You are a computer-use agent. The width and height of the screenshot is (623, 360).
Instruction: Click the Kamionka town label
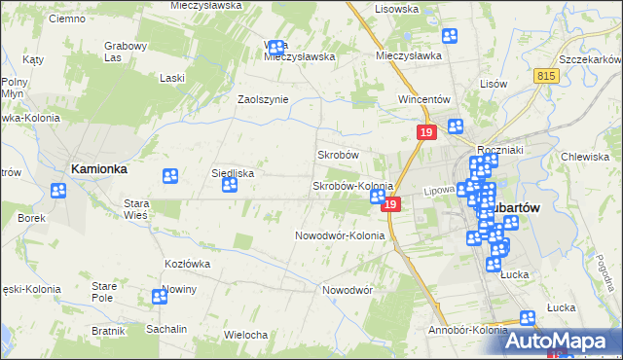click(98, 168)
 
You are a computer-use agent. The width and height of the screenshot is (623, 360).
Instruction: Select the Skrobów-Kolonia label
click(351, 186)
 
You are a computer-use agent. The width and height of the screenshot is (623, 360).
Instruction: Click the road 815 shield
click(546, 74)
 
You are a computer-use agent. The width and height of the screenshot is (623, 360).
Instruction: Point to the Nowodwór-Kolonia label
click(340, 235)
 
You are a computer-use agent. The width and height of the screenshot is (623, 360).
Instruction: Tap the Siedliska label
click(233, 173)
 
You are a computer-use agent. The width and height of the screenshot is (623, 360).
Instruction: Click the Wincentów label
click(423, 99)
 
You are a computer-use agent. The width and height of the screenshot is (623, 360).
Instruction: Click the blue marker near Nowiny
click(160, 297)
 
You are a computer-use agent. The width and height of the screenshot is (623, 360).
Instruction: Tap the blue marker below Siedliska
click(230, 185)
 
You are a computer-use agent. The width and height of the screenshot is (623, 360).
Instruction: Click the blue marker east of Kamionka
click(169, 176)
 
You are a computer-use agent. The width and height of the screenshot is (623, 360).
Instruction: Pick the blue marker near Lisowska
click(450, 37)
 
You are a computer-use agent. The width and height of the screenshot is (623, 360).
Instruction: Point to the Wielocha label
click(245, 335)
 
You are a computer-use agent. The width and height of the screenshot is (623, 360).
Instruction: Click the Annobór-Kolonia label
click(468, 330)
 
